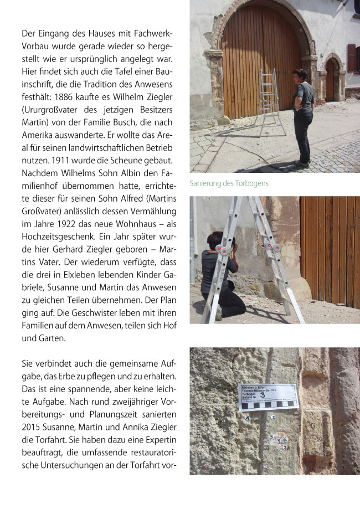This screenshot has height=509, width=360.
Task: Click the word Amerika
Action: click(x=37, y=135)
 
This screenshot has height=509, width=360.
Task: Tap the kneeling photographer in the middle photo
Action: click(x=222, y=277)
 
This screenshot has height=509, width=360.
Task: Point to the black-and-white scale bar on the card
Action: click(x=268, y=405)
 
